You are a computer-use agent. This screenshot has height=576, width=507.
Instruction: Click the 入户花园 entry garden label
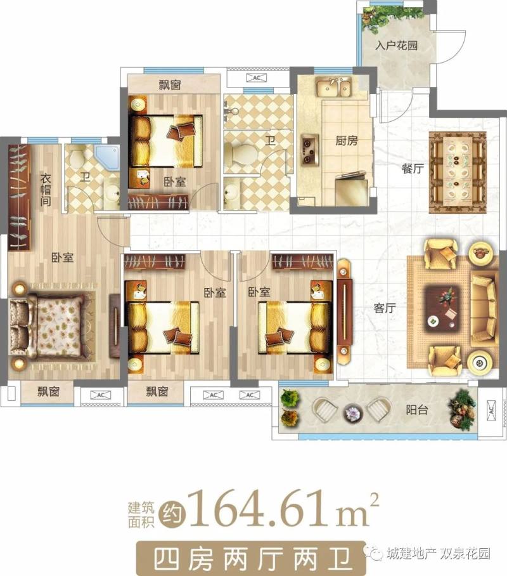(x=396, y=46)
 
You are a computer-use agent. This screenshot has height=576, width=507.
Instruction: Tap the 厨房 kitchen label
(x=346, y=140)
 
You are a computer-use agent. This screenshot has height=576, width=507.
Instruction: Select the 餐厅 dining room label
(x=413, y=169)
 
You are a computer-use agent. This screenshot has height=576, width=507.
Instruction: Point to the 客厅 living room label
(x=385, y=308)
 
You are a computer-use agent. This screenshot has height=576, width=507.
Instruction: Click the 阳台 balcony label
(x=417, y=410)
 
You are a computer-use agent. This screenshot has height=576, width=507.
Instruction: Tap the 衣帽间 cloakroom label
(x=46, y=190)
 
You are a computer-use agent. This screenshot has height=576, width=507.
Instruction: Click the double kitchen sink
(x=333, y=88)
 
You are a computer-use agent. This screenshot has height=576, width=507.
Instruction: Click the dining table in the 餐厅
(x=458, y=172)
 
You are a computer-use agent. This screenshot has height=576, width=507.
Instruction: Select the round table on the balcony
(x=353, y=412)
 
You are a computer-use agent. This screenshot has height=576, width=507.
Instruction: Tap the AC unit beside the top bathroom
(x=257, y=78)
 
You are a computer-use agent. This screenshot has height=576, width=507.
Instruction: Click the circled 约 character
(x=172, y=514)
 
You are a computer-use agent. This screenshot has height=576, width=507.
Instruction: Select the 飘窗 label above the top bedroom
(x=170, y=85)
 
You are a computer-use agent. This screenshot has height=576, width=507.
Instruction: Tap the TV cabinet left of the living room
(x=344, y=311)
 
